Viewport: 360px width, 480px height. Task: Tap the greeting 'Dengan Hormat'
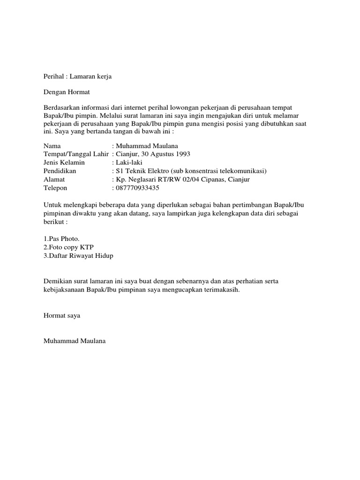click(x=66, y=92)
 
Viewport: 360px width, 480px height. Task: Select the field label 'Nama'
click(x=52, y=146)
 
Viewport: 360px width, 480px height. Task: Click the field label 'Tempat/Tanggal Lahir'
click(x=76, y=154)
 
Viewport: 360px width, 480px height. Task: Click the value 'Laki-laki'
click(x=128, y=163)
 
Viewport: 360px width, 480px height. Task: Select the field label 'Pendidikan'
click(x=60, y=171)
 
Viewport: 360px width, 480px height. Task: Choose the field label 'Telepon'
click(x=55, y=188)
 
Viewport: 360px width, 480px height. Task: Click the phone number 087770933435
click(x=137, y=188)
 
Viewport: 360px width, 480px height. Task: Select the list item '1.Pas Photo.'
click(x=61, y=239)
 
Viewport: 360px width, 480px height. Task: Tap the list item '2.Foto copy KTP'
click(x=67, y=247)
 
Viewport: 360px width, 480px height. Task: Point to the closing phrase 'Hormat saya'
click(x=61, y=315)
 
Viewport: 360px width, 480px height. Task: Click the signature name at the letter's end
click(x=75, y=341)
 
